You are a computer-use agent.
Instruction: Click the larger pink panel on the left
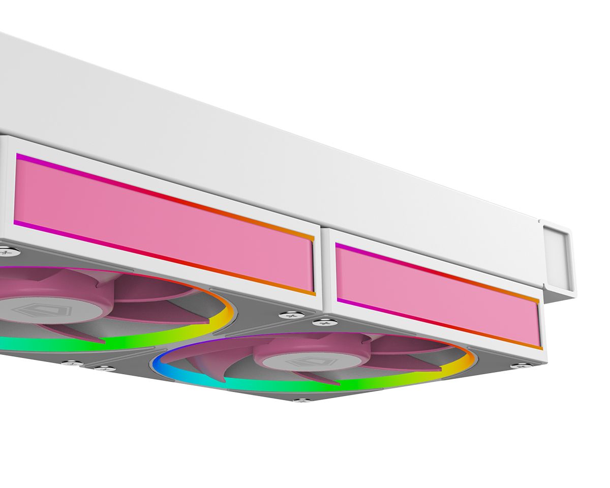[x=163, y=224]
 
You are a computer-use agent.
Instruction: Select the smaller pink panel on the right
[x=437, y=295]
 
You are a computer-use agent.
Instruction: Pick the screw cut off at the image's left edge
[x=4, y=250]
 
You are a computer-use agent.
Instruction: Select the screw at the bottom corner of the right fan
[x=303, y=401]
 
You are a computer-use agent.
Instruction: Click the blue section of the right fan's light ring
[x=159, y=363]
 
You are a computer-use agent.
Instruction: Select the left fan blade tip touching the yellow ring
[x=203, y=320]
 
